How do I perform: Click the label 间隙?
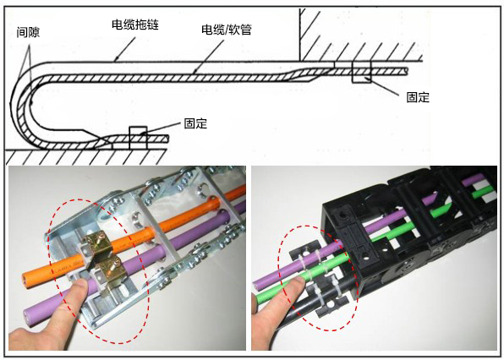[x=28, y=32]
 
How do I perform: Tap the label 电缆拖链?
[x=135, y=25]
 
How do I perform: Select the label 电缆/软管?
[x=227, y=30]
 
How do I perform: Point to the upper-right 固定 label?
[x=418, y=97]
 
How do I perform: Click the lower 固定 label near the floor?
[x=195, y=123]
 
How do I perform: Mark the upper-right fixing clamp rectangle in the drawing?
[x=362, y=72]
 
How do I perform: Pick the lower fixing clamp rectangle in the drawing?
[x=138, y=138]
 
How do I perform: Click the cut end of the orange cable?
[x=26, y=279]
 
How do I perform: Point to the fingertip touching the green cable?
[x=298, y=282]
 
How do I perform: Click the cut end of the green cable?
[x=259, y=298]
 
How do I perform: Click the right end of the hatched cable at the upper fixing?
[x=407, y=71]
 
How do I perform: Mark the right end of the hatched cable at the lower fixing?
[x=167, y=139]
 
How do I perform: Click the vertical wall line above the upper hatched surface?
[x=300, y=35]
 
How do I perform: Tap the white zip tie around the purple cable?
[x=304, y=259]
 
